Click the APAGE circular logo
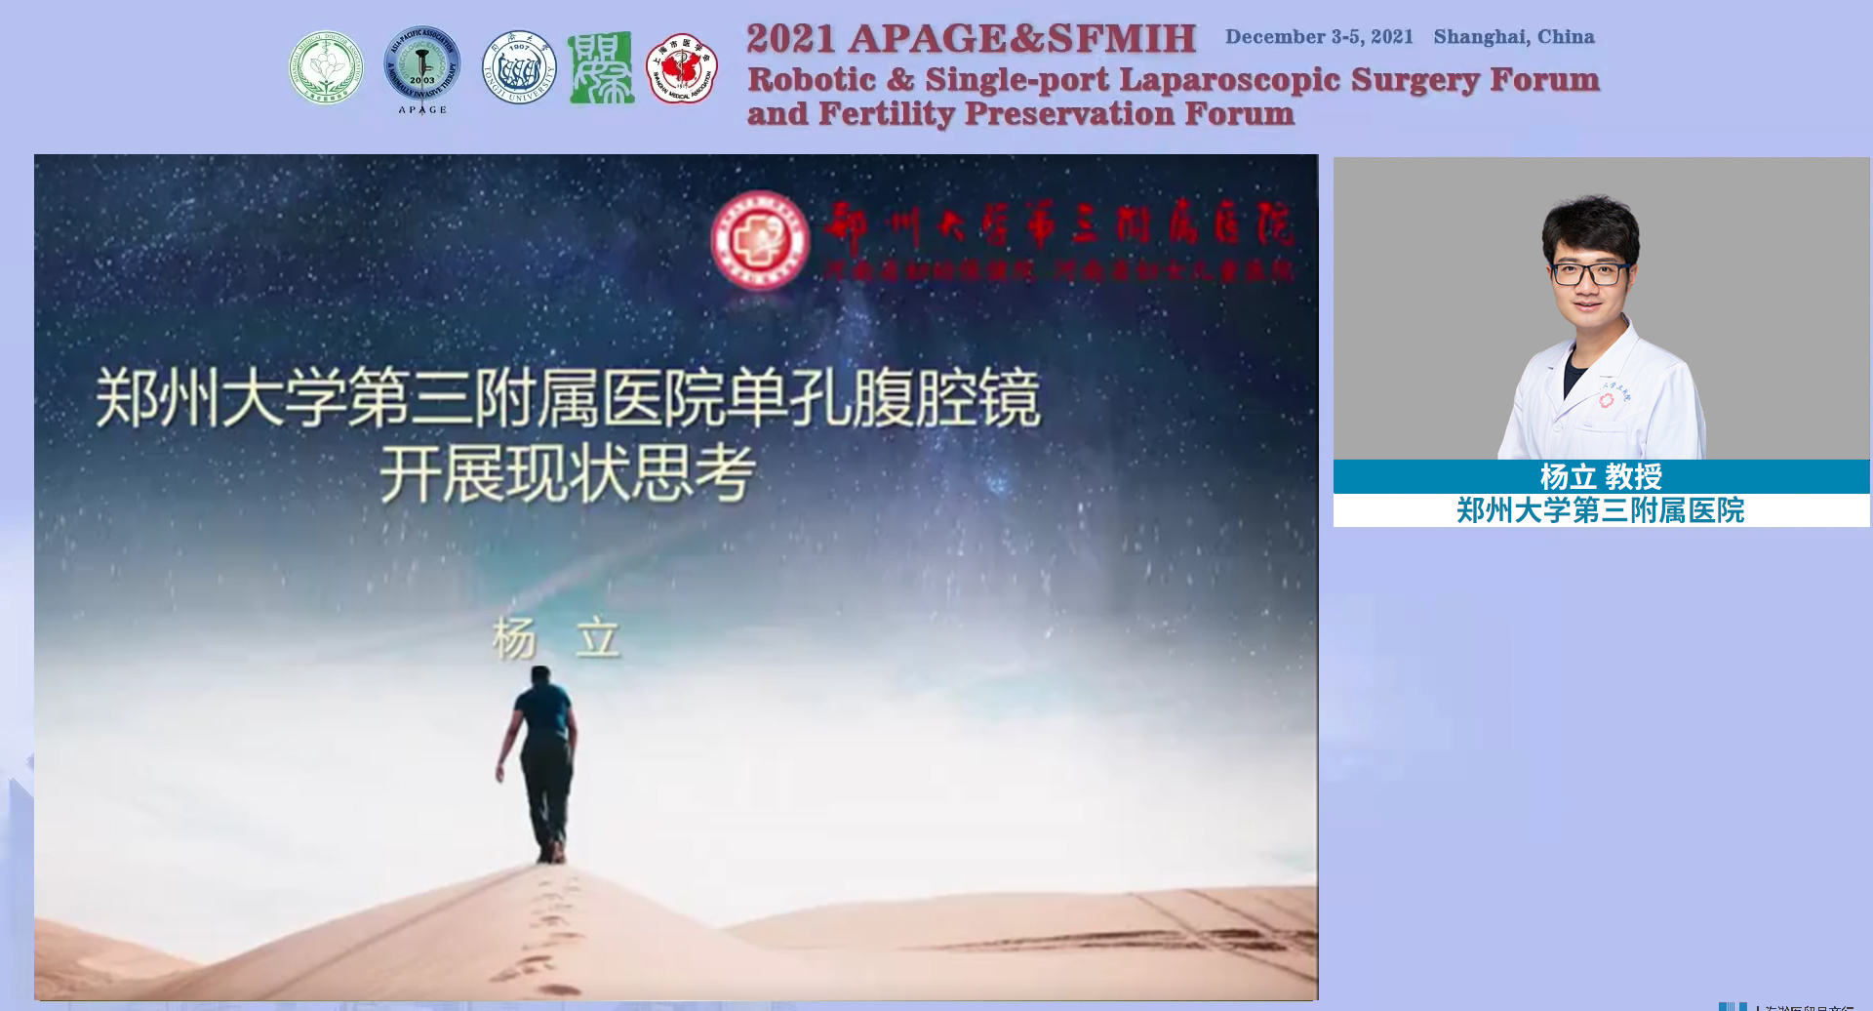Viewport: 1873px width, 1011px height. pos(421,66)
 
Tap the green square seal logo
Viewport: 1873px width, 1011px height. pos(600,67)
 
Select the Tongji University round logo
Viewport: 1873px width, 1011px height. pos(519,67)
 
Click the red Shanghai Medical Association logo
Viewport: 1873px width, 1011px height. pos(682,68)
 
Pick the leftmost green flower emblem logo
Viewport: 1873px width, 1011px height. pos(326,67)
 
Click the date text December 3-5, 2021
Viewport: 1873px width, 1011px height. pos(1319,37)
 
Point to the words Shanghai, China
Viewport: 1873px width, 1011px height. pos(1513,37)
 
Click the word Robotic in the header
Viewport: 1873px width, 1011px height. pos(812,79)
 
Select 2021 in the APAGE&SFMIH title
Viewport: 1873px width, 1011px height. pos(790,39)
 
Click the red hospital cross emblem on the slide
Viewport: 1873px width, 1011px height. pos(760,240)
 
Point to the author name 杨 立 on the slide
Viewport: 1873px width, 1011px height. pos(556,639)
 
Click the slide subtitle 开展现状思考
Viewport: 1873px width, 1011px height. pos(567,474)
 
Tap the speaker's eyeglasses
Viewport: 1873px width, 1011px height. pos(1589,273)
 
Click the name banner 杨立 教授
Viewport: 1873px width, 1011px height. pos(1600,476)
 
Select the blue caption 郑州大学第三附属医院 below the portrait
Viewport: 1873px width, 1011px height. pos(1600,510)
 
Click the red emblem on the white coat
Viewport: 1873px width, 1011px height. pos(1607,400)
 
